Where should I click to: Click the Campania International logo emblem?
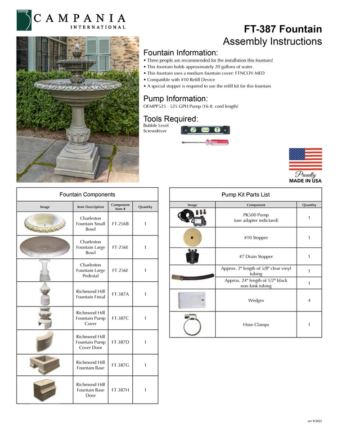[24, 20]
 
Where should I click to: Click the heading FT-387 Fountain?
[283, 29]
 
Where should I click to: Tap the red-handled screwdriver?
[205, 142]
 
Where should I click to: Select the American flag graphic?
[305, 159]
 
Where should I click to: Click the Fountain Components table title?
[87, 194]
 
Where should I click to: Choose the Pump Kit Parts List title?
[246, 194]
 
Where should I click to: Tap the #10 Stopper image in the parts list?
[192, 237]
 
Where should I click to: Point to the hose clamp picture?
[192, 324]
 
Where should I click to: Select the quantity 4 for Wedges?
[309, 300]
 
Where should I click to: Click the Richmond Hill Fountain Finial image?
[45, 294]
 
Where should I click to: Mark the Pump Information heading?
[175, 99]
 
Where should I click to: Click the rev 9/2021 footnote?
[315, 421]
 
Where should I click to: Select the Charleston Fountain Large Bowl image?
[45, 247]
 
